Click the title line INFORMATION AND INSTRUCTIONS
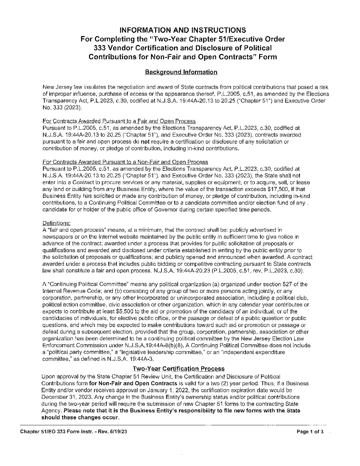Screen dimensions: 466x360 pos(182,30)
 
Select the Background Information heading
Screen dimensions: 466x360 pos(181,72)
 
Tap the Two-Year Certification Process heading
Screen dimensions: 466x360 pos(178,369)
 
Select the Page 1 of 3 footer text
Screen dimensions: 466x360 pos(310,432)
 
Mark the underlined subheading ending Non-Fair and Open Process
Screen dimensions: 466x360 pos(125,162)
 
